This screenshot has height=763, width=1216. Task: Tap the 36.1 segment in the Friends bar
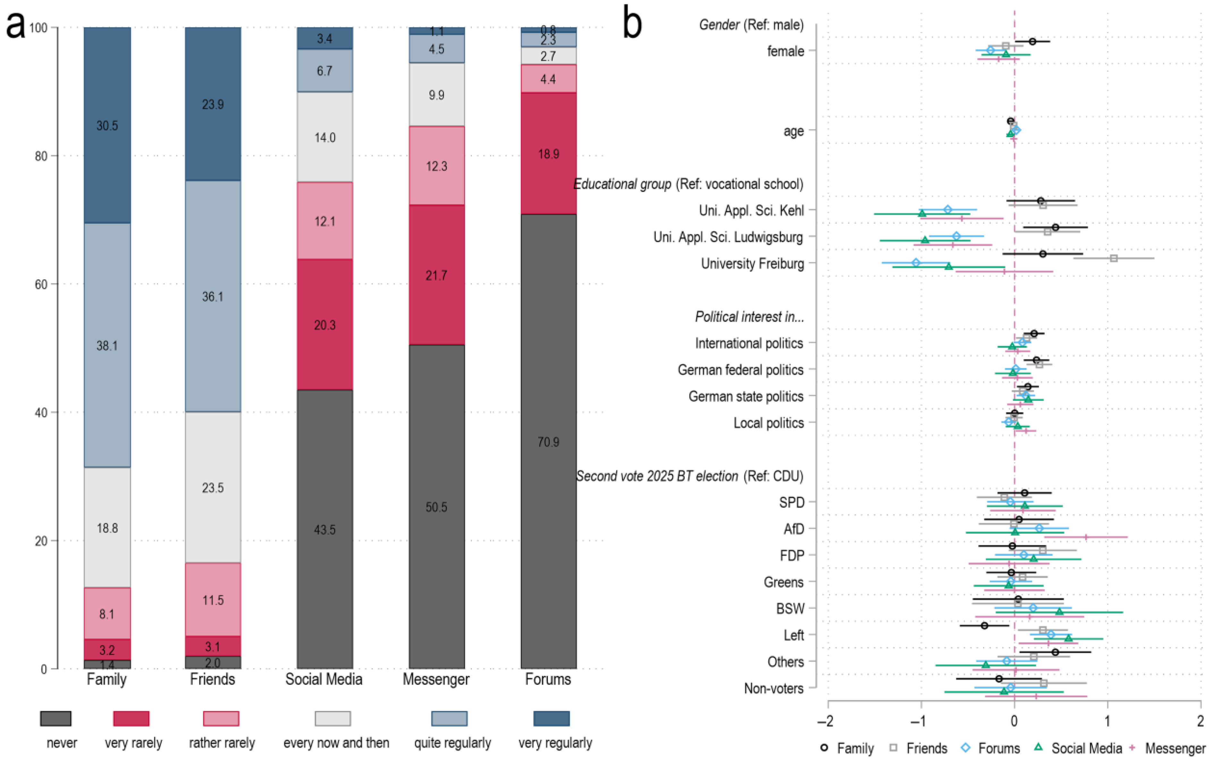pos(212,296)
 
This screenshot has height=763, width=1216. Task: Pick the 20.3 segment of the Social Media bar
pos(324,325)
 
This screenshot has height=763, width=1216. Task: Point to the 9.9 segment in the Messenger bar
pos(437,95)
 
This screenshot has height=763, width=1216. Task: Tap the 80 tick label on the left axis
pos(41,156)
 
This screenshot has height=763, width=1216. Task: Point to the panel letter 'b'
pos(632,23)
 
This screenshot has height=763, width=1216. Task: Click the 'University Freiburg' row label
pos(752,263)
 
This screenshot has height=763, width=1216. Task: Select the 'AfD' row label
pos(793,529)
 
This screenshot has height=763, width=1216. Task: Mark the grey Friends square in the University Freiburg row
pos(1114,259)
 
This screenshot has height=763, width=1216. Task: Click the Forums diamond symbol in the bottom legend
pos(966,748)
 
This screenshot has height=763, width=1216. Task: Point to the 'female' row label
pos(785,51)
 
